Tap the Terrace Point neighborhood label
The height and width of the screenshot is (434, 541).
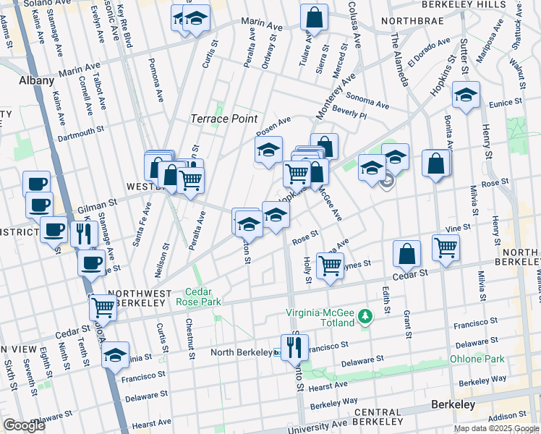[223, 118]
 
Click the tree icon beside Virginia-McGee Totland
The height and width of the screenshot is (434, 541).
[366, 316]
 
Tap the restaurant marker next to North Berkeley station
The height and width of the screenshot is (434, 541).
[294, 348]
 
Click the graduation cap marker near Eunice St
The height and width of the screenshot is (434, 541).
[467, 95]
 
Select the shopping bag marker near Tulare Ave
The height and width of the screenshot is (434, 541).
[314, 17]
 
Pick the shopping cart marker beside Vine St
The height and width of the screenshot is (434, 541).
[446, 247]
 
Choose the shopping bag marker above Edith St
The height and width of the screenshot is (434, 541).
[407, 254]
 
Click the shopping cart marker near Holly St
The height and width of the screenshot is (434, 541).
[330, 265]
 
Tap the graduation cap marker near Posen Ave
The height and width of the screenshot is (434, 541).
[268, 150]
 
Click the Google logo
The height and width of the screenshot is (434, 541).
[24, 425]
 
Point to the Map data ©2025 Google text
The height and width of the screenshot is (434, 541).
[495, 428]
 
